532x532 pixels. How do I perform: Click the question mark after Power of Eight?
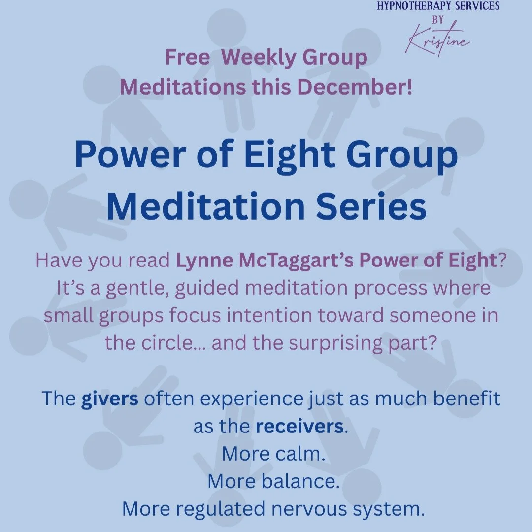click(501, 261)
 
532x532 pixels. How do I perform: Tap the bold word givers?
click(110, 398)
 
